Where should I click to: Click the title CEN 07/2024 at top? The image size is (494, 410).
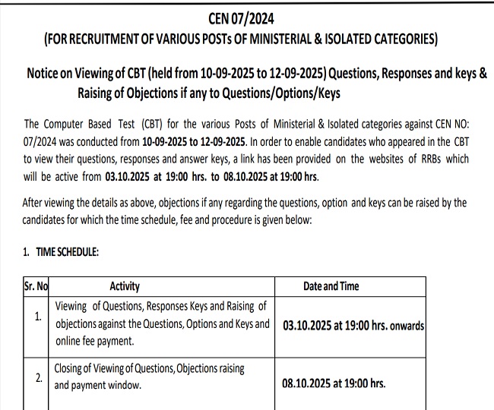[x=247, y=18]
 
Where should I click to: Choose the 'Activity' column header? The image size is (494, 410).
[x=125, y=287]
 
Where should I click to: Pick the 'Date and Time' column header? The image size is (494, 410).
[x=331, y=287]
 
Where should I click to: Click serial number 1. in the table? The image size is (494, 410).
[x=38, y=317]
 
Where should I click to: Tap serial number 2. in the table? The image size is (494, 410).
[x=38, y=377]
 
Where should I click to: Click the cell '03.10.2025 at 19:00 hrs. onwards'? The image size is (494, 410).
[x=353, y=325]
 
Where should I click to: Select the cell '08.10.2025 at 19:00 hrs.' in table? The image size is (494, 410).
[x=334, y=384]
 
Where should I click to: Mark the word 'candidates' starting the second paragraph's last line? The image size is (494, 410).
[x=48, y=219]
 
